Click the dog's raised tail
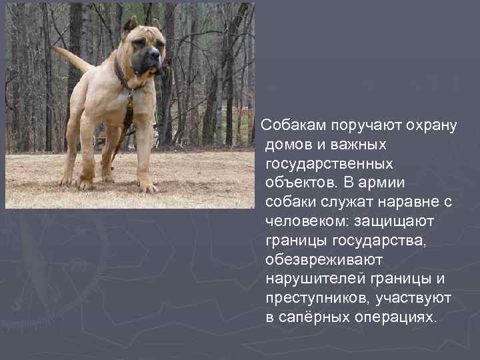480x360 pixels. [x=72, y=59]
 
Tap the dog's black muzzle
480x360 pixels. [x=148, y=61]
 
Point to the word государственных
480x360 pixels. [x=329, y=163]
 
